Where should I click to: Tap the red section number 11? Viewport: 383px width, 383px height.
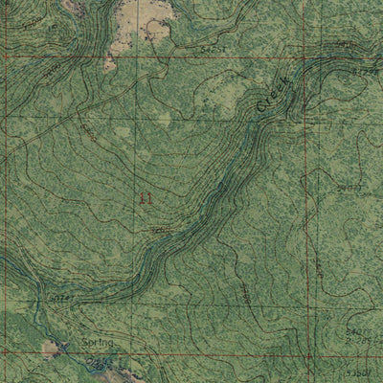tap(146, 198)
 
